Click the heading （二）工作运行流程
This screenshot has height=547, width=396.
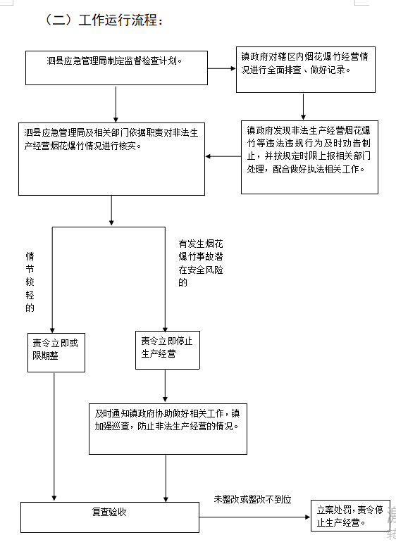click(x=104, y=20)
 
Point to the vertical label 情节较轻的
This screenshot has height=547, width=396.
click(x=30, y=282)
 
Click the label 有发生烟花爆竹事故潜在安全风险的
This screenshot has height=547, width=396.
click(x=200, y=263)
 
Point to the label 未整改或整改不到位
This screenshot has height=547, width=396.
click(x=252, y=499)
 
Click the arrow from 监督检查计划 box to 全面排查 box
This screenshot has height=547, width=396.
click(x=222, y=69)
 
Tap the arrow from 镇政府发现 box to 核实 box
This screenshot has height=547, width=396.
click(x=223, y=156)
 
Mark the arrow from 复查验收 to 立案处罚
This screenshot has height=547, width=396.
click(x=254, y=517)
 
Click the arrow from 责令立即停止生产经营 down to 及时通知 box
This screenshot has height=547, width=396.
click(x=165, y=386)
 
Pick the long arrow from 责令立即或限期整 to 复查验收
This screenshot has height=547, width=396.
click(x=54, y=436)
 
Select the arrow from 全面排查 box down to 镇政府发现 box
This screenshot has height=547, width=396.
click(x=303, y=106)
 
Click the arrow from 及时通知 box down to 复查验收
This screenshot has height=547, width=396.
click(x=166, y=478)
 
